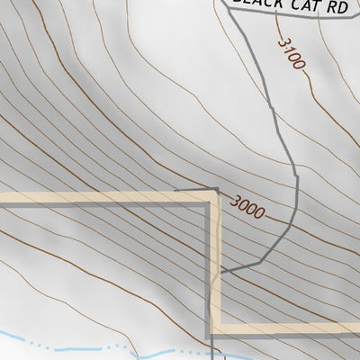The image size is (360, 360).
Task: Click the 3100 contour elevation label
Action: click(292, 53)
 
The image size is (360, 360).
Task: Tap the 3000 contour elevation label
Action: click(247, 208)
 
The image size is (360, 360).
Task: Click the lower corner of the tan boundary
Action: click(216, 328)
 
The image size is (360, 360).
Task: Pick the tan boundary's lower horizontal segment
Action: click(288, 328)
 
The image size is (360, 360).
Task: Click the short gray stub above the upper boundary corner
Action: click(200, 190)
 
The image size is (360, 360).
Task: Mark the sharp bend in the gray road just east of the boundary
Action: click(260, 261)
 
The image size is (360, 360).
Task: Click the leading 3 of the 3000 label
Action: click(235, 202)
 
